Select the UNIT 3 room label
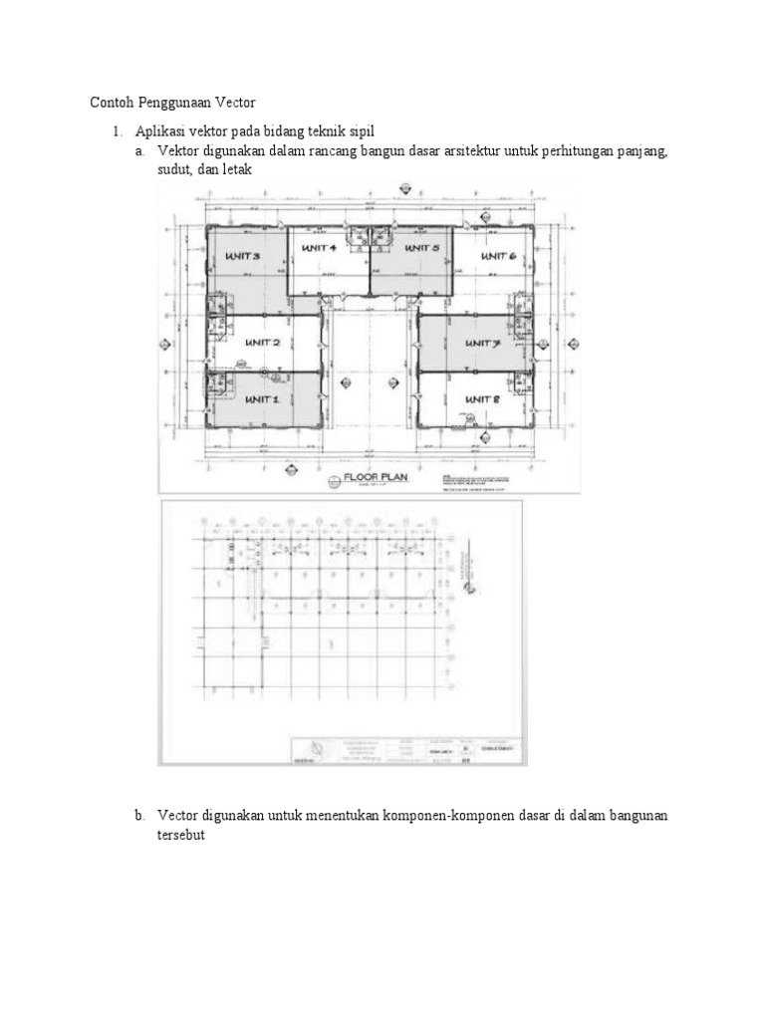click(242, 256)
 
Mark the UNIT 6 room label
click(497, 256)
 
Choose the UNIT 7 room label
click(481, 343)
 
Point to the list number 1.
click(116, 131)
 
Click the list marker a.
click(139, 151)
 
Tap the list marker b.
click(139, 816)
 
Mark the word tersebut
click(180, 836)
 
